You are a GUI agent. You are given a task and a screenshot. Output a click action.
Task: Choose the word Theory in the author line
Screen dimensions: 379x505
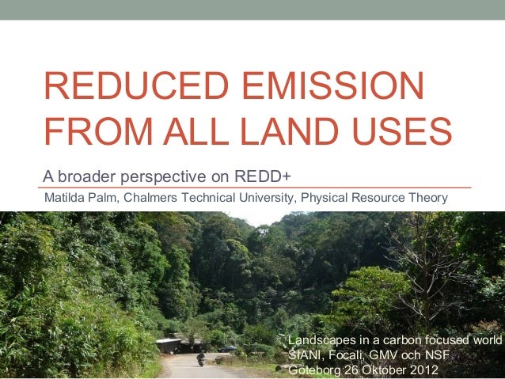428,196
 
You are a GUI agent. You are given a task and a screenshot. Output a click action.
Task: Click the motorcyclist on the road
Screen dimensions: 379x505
200,359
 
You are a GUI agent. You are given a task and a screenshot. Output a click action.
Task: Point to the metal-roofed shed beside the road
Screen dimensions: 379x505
169,345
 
